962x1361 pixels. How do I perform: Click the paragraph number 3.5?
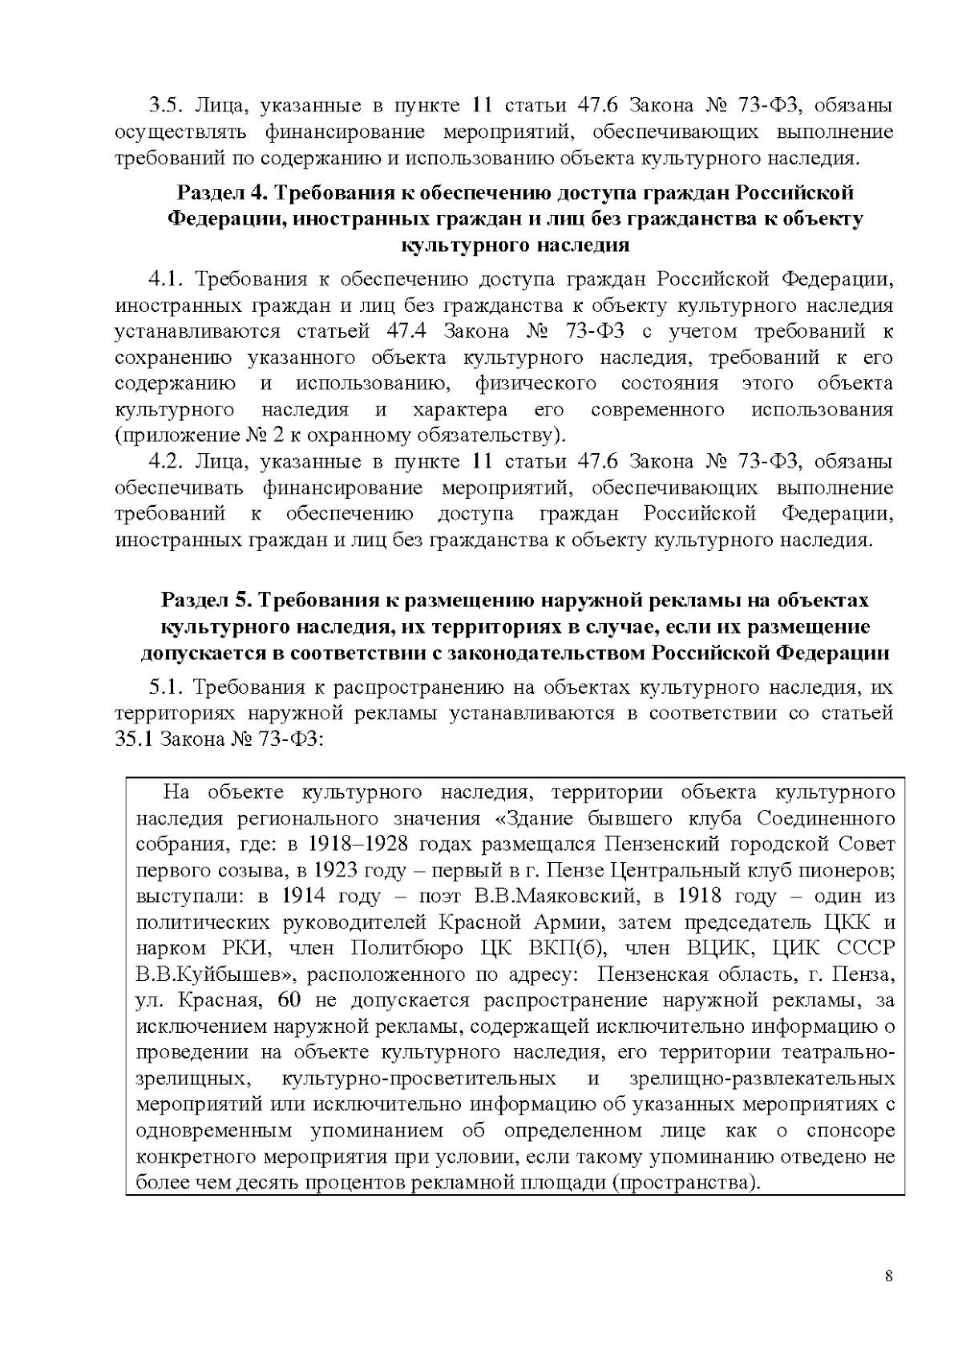166,106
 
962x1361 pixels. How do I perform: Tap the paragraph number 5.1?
166,687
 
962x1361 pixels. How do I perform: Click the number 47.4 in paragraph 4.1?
408,332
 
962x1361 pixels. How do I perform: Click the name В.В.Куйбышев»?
215,974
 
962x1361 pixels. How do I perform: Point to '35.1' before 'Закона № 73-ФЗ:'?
134,739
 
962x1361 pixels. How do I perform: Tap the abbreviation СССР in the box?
864,949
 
